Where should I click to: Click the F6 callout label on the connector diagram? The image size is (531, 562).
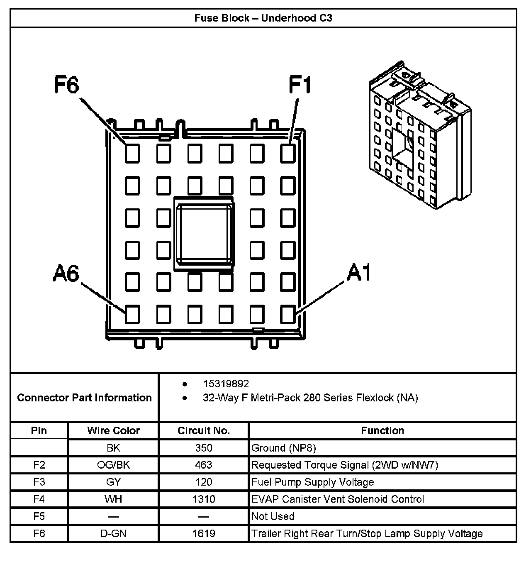pyautogui.click(x=66, y=86)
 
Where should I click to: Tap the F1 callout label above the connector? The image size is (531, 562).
pyautogui.click(x=300, y=85)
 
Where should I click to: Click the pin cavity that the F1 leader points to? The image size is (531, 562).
pyautogui.click(x=287, y=153)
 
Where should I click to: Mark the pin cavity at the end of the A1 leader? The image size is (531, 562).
pyautogui.click(x=287, y=315)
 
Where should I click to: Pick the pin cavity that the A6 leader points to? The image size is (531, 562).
pyautogui.click(x=132, y=315)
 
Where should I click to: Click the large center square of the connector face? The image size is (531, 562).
pyautogui.click(x=204, y=234)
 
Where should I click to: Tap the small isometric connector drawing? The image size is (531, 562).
pyautogui.click(x=419, y=135)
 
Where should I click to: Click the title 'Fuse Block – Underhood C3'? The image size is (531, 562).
pyautogui.click(x=263, y=18)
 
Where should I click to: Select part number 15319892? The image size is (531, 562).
pyautogui.click(x=226, y=384)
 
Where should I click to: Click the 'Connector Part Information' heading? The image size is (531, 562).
pyautogui.click(x=84, y=398)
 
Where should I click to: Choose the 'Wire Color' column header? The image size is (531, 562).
pyautogui.click(x=113, y=430)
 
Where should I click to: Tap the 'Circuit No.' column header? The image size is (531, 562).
pyautogui.click(x=204, y=430)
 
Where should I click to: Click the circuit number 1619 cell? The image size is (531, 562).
pyautogui.click(x=204, y=533)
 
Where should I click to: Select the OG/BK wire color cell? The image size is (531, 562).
pyautogui.click(x=113, y=465)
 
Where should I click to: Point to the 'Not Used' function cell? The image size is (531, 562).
pyautogui.click(x=273, y=516)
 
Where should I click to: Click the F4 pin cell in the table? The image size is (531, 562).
pyautogui.click(x=39, y=499)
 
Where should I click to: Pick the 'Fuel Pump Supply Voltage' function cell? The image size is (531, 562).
pyautogui.click(x=313, y=482)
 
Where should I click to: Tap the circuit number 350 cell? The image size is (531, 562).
pyautogui.click(x=204, y=448)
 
